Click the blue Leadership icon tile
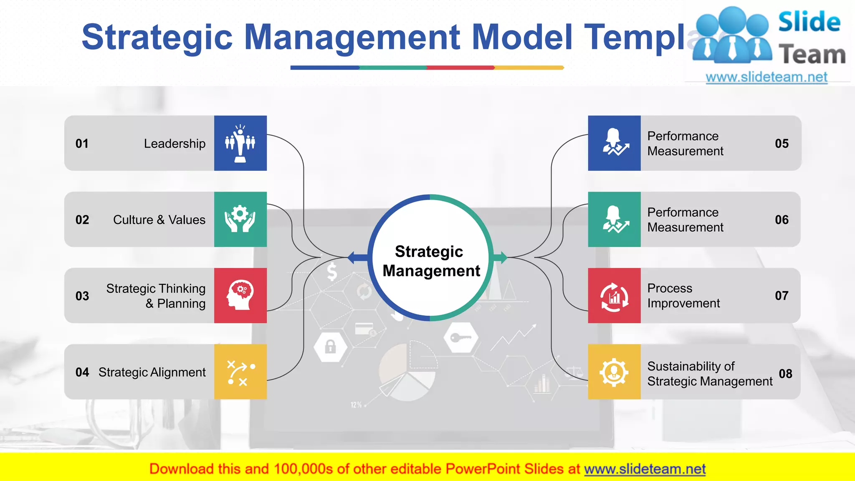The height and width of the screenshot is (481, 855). coord(240,143)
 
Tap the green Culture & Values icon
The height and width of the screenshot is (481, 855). coord(240,219)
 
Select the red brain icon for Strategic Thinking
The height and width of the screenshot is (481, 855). coord(240,295)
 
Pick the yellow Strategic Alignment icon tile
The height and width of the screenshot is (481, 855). coord(240,372)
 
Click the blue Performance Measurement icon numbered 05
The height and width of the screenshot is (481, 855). coord(614,143)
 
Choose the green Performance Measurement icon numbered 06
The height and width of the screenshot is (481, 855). coord(614,219)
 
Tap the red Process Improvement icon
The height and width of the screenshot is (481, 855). coord(614,296)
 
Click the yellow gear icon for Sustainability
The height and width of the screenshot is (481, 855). coord(614,372)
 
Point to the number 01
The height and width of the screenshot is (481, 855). coord(82,144)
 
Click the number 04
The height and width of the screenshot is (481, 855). coord(82,372)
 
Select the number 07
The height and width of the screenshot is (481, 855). coord(782,296)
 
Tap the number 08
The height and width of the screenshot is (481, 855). coord(785,374)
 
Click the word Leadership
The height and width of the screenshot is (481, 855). coord(175,144)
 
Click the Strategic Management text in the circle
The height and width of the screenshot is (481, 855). coord(430,261)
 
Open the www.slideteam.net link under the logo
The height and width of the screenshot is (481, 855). coord(766,77)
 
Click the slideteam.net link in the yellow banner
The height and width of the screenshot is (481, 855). coord(645,469)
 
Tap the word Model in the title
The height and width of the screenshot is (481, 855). coord(522,37)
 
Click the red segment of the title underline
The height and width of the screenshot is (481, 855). coord(460,68)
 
